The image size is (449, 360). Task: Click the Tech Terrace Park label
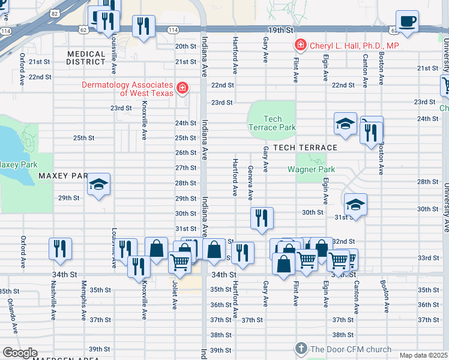(x=272, y=123)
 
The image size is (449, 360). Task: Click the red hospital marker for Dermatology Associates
(x=182, y=89)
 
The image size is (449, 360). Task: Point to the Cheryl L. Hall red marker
(x=300, y=45)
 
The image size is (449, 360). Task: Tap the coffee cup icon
(x=408, y=22)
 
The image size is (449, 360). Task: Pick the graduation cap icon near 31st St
(x=355, y=205)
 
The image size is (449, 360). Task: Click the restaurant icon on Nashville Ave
(x=60, y=248)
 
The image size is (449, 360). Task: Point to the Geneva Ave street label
(x=250, y=184)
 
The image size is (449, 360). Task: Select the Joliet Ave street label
(x=175, y=296)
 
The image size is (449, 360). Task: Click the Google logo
(x=20, y=353)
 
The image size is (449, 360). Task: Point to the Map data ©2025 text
(x=423, y=355)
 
